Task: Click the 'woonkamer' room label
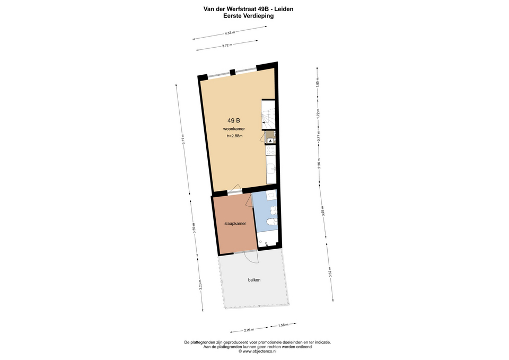(x=234, y=129)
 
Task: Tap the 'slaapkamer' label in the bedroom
(x=235, y=224)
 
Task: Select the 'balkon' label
(x=254, y=280)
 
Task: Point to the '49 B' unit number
(x=234, y=120)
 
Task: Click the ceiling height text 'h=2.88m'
(x=234, y=136)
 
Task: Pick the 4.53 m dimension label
(x=230, y=32)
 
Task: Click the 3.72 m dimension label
(x=227, y=46)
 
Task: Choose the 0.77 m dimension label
(x=319, y=135)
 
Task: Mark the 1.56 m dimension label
(x=283, y=325)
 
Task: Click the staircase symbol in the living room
(x=268, y=115)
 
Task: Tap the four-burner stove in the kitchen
(x=270, y=150)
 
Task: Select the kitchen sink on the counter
(x=271, y=169)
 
